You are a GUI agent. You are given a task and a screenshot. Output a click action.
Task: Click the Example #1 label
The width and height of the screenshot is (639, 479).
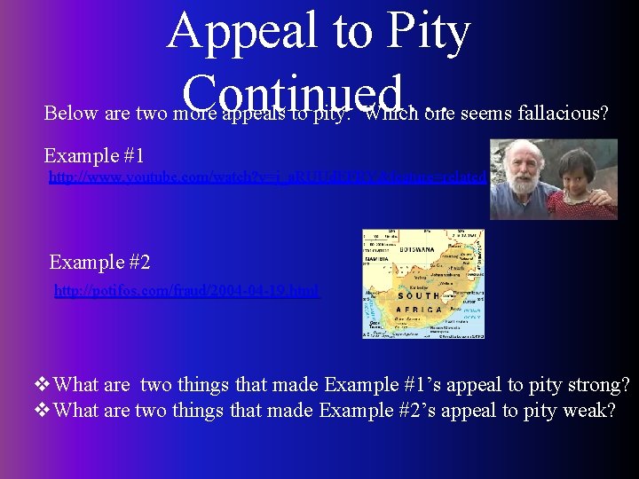pos(94,156)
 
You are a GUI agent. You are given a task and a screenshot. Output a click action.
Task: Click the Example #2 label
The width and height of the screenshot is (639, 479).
pos(99,263)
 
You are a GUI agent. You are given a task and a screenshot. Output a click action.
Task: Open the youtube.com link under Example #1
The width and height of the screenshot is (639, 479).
pos(267,177)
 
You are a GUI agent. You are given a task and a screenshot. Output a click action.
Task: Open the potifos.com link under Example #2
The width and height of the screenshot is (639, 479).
pos(187,290)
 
